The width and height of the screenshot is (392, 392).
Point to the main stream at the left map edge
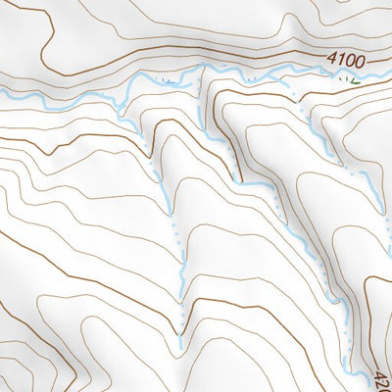pos(2,89)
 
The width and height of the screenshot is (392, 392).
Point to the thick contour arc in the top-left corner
pos(39,20)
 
